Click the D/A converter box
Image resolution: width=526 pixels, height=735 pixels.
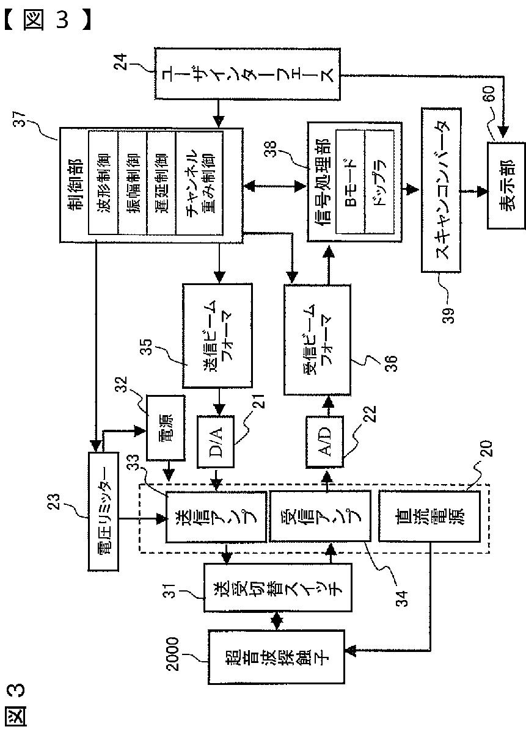[x=216, y=441]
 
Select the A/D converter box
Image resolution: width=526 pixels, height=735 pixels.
[x=324, y=441]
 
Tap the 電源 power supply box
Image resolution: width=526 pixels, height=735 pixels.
[x=166, y=428]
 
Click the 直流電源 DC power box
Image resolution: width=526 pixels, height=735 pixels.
[x=429, y=516]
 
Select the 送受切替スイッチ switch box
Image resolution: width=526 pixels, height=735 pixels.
[x=278, y=588]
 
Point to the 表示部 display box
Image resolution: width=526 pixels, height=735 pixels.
[x=506, y=186]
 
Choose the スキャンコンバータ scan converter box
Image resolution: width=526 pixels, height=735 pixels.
[x=441, y=190]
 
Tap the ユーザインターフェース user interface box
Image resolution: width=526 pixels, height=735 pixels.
[x=247, y=74]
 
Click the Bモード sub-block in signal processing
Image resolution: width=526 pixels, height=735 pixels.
[x=350, y=182]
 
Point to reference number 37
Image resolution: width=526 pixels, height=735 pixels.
[x=19, y=119]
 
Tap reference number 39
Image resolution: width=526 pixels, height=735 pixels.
[x=448, y=316]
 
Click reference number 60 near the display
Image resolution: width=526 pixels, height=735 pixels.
[x=488, y=94]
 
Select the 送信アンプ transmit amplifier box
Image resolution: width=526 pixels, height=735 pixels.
[x=216, y=516]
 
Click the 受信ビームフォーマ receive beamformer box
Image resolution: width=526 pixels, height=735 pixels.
[x=317, y=339]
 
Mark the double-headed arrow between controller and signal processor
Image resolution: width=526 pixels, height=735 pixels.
[x=274, y=186]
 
